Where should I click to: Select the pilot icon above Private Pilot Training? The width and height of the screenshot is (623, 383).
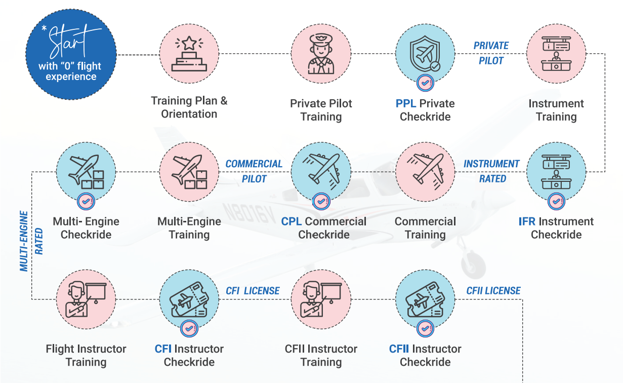click(321, 53)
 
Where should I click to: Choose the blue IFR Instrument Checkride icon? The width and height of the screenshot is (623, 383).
click(556, 171)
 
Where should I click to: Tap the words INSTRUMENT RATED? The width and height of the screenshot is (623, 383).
click(491, 171)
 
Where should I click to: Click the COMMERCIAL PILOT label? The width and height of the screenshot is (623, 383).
click(254, 171)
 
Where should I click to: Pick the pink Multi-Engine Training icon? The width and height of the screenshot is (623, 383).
click(189, 171)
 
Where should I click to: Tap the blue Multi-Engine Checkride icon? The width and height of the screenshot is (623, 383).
click(86, 171)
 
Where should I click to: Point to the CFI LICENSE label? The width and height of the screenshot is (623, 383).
click(253, 291)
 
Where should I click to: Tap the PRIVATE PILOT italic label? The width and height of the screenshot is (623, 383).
click(491, 53)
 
